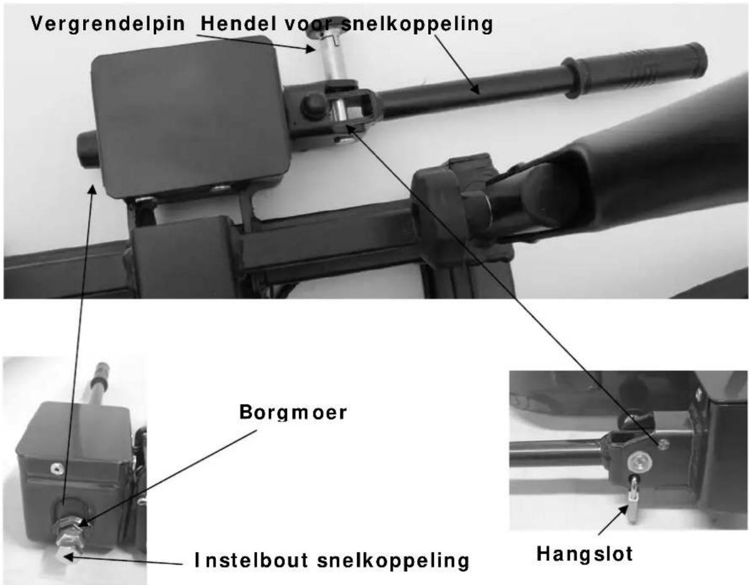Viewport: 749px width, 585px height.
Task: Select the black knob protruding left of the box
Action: click(87, 149)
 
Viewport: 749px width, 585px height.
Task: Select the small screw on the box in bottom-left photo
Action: click(56, 467)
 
